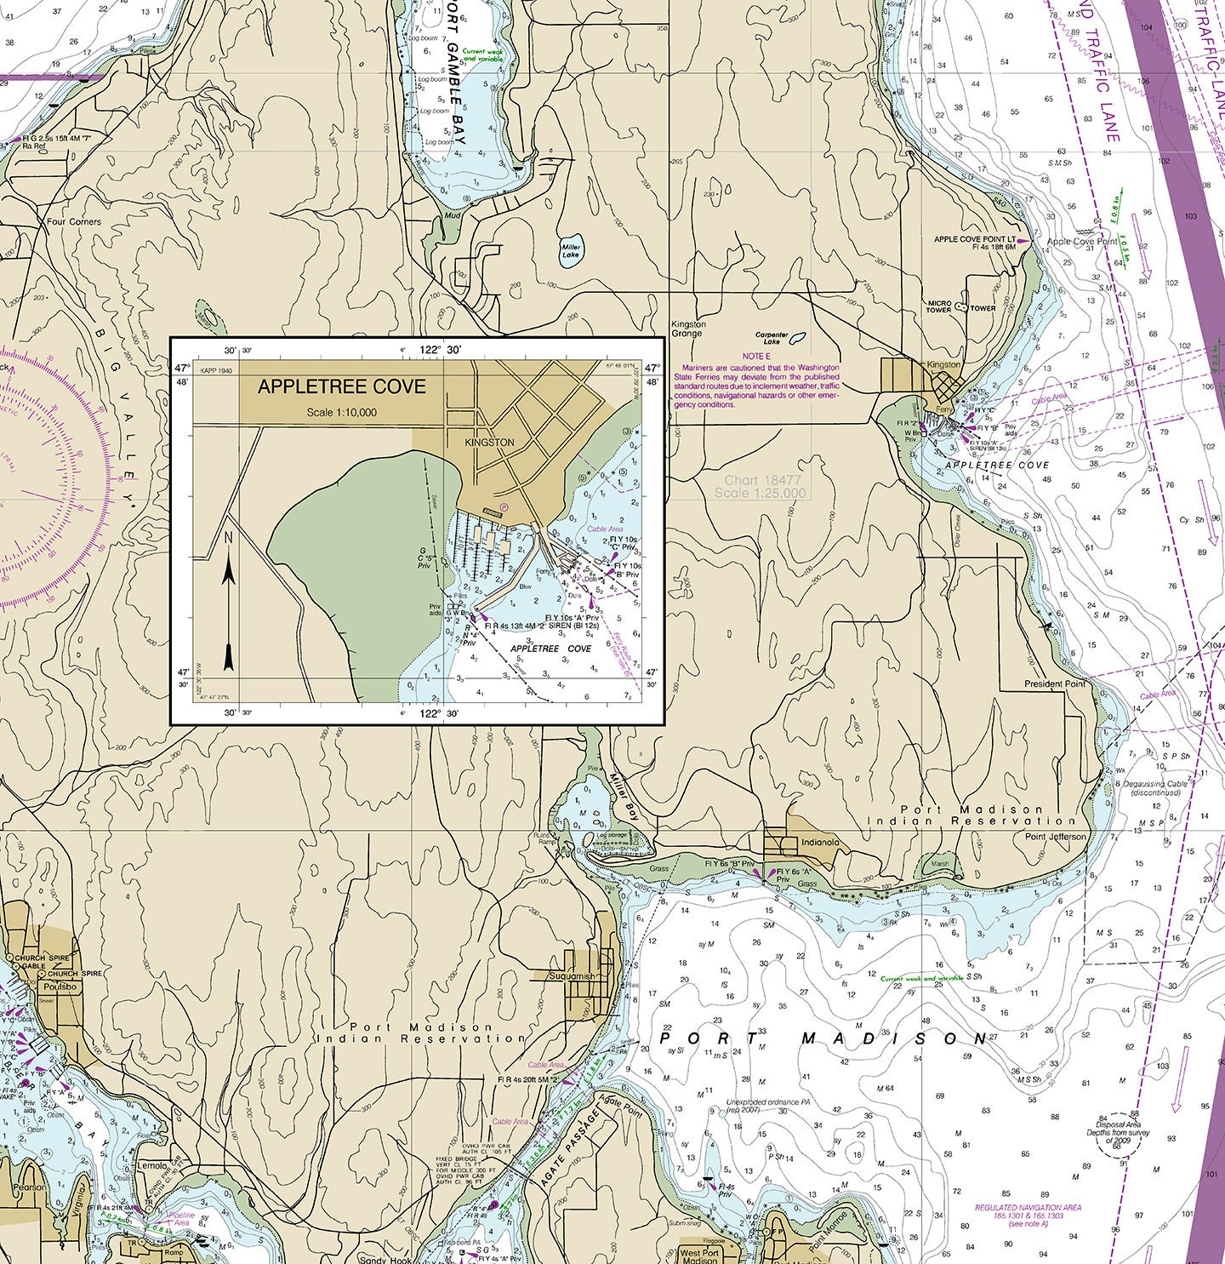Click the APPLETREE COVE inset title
coord(341,386)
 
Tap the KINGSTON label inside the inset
coord(490,443)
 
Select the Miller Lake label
coord(570,251)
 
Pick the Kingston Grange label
coord(688,329)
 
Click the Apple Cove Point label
coord(1082,242)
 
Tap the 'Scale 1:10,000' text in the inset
coord(342,413)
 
